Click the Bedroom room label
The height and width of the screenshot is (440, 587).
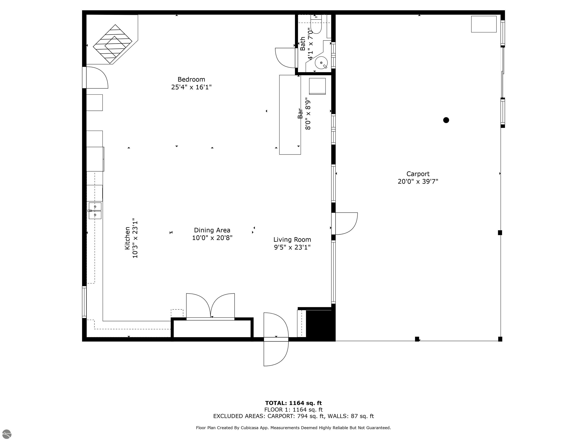pos(191,79)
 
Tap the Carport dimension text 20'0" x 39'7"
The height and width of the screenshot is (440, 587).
pos(418,182)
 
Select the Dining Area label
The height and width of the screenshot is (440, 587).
pos(212,230)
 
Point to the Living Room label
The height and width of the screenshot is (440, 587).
pos(292,240)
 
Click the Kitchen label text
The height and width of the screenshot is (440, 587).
pos(127,238)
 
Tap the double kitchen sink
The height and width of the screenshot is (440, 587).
pos(95,211)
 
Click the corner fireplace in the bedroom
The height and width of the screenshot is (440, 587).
pos(113,44)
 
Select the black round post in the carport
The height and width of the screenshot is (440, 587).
pos(446,120)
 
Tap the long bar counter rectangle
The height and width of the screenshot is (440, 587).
pos(290,115)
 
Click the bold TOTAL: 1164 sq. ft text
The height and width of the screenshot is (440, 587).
pos(293,403)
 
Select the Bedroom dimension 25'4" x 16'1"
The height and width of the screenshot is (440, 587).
pos(191,87)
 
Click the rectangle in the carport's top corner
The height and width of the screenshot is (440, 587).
pos(484,24)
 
